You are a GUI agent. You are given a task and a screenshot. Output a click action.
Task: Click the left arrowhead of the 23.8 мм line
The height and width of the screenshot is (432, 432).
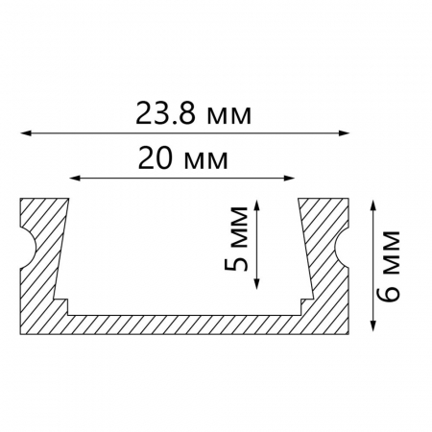point(26,132)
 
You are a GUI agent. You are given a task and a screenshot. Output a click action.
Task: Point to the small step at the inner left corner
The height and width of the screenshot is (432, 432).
point(62,303)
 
